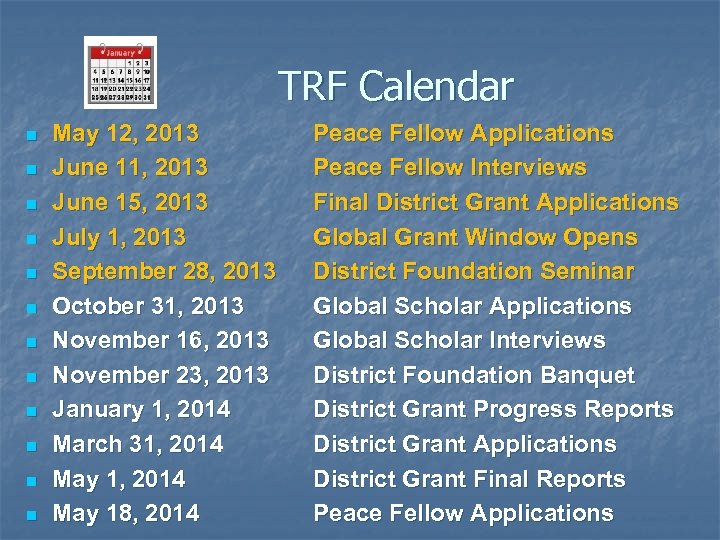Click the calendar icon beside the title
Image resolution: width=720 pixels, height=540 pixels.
pos(121,71)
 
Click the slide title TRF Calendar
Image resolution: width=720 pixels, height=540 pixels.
pos(395,86)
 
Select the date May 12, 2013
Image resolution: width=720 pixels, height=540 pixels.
pos(125,133)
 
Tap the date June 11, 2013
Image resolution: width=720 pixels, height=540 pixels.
pos(130,167)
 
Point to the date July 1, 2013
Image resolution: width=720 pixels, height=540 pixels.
pos(119,237)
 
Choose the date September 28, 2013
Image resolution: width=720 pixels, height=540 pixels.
pos(162,271)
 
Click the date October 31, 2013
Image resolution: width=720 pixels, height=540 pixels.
pos(148,306)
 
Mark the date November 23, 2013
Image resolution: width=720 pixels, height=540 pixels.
pos(160,375)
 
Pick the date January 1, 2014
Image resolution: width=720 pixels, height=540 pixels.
pos(141,409)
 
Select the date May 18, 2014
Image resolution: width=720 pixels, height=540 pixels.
pos(125,513)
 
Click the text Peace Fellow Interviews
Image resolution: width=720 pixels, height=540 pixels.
pos(450,167)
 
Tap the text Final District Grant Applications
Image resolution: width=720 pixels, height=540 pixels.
pos(496,202)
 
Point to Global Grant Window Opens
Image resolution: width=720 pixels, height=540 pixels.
pos(475,237)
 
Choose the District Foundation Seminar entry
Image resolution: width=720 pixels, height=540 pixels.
pos(474,271)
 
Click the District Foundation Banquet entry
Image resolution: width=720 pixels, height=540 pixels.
pos(474,375)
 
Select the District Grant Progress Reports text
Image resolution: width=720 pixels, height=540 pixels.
pos(493,409)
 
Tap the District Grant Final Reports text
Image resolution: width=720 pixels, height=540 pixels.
pos(469,479)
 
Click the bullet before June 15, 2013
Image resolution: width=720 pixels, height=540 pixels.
pos(31,204)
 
